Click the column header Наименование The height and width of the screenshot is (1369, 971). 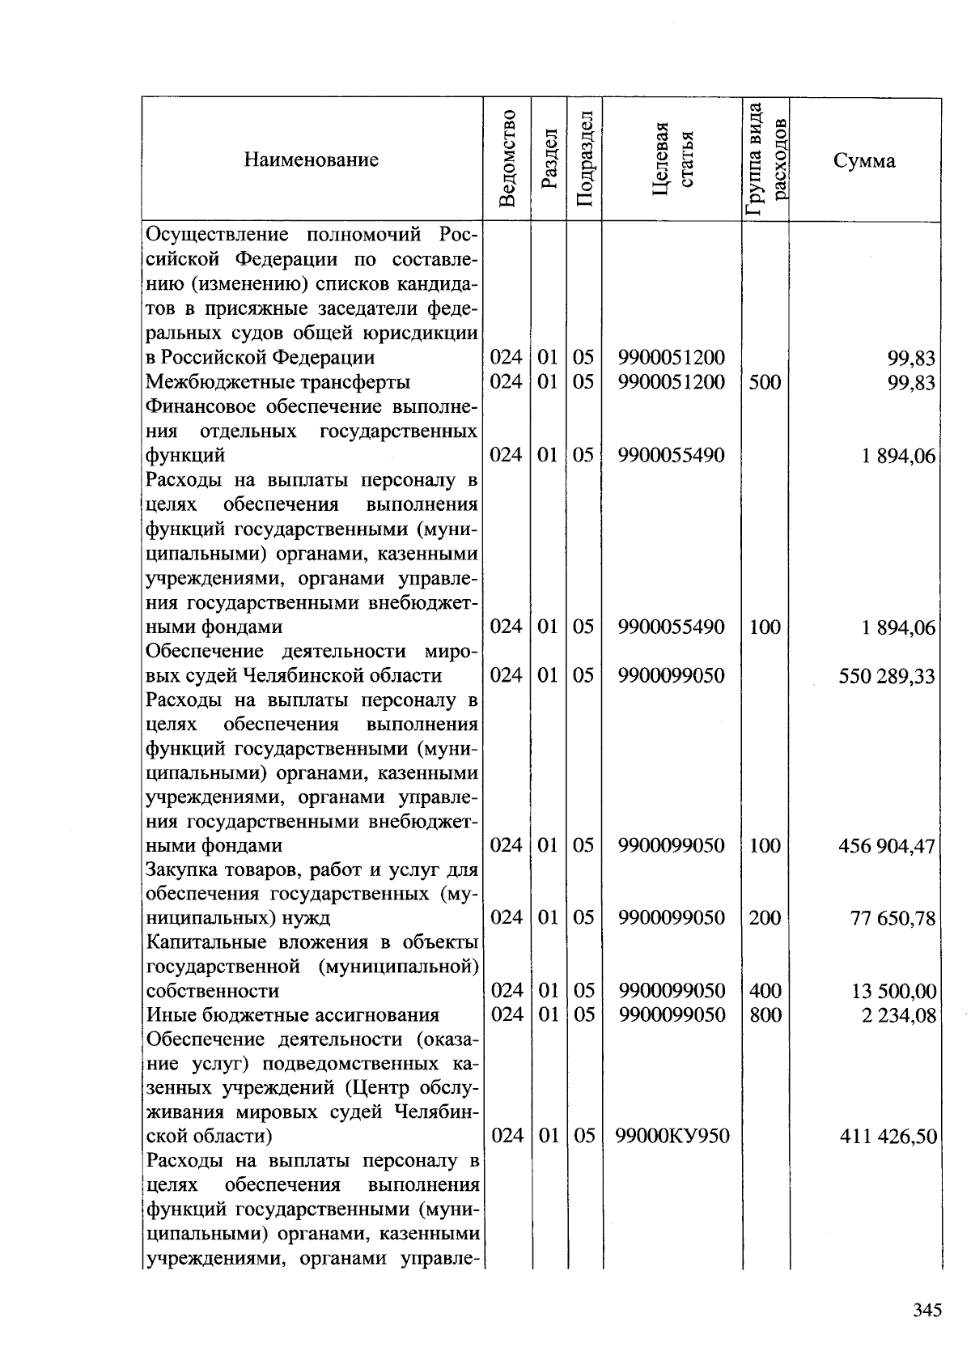(312, 159)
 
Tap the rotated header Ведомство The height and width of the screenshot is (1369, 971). (507, 159)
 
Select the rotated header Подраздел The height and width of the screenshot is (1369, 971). (585, 159)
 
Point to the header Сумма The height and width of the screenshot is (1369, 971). (864, 160)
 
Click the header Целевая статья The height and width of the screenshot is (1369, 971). (672, 159)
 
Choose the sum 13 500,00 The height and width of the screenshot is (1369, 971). (893, 991)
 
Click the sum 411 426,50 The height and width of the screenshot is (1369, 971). (888, 1137)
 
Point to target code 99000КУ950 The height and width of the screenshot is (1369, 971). (672, 1137)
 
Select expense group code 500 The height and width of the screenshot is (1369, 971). (765, 381)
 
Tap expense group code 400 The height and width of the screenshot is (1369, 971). (765, 990)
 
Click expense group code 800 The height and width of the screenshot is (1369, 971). (765, 1014)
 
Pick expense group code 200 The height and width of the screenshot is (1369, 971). (765, 918)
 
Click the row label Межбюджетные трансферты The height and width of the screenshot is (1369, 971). (278, 381)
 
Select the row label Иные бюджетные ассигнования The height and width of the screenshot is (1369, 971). (292, 1015)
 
